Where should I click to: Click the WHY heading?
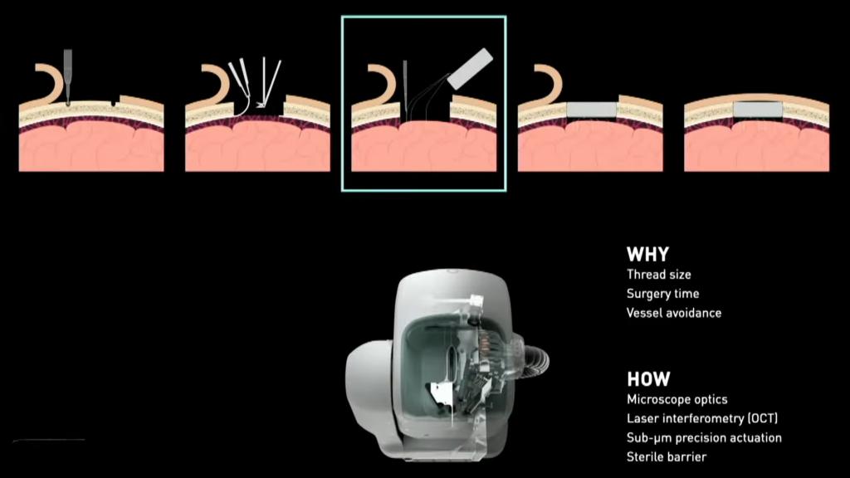pos(647,255)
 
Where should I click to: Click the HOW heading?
pos(648,379)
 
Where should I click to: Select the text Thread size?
pos(658,274)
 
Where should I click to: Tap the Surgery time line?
pos(662,294)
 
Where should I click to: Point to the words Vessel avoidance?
pos(673,313)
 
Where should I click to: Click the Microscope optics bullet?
pos(677,400)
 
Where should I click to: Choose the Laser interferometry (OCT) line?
pos(701,418)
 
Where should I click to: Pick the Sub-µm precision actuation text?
pos(704,437)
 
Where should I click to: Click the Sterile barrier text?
pos(667,456)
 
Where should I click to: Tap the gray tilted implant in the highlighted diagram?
pos(471,69)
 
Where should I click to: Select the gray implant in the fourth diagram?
pos(591,110)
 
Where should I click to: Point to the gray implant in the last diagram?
pos(757,109)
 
